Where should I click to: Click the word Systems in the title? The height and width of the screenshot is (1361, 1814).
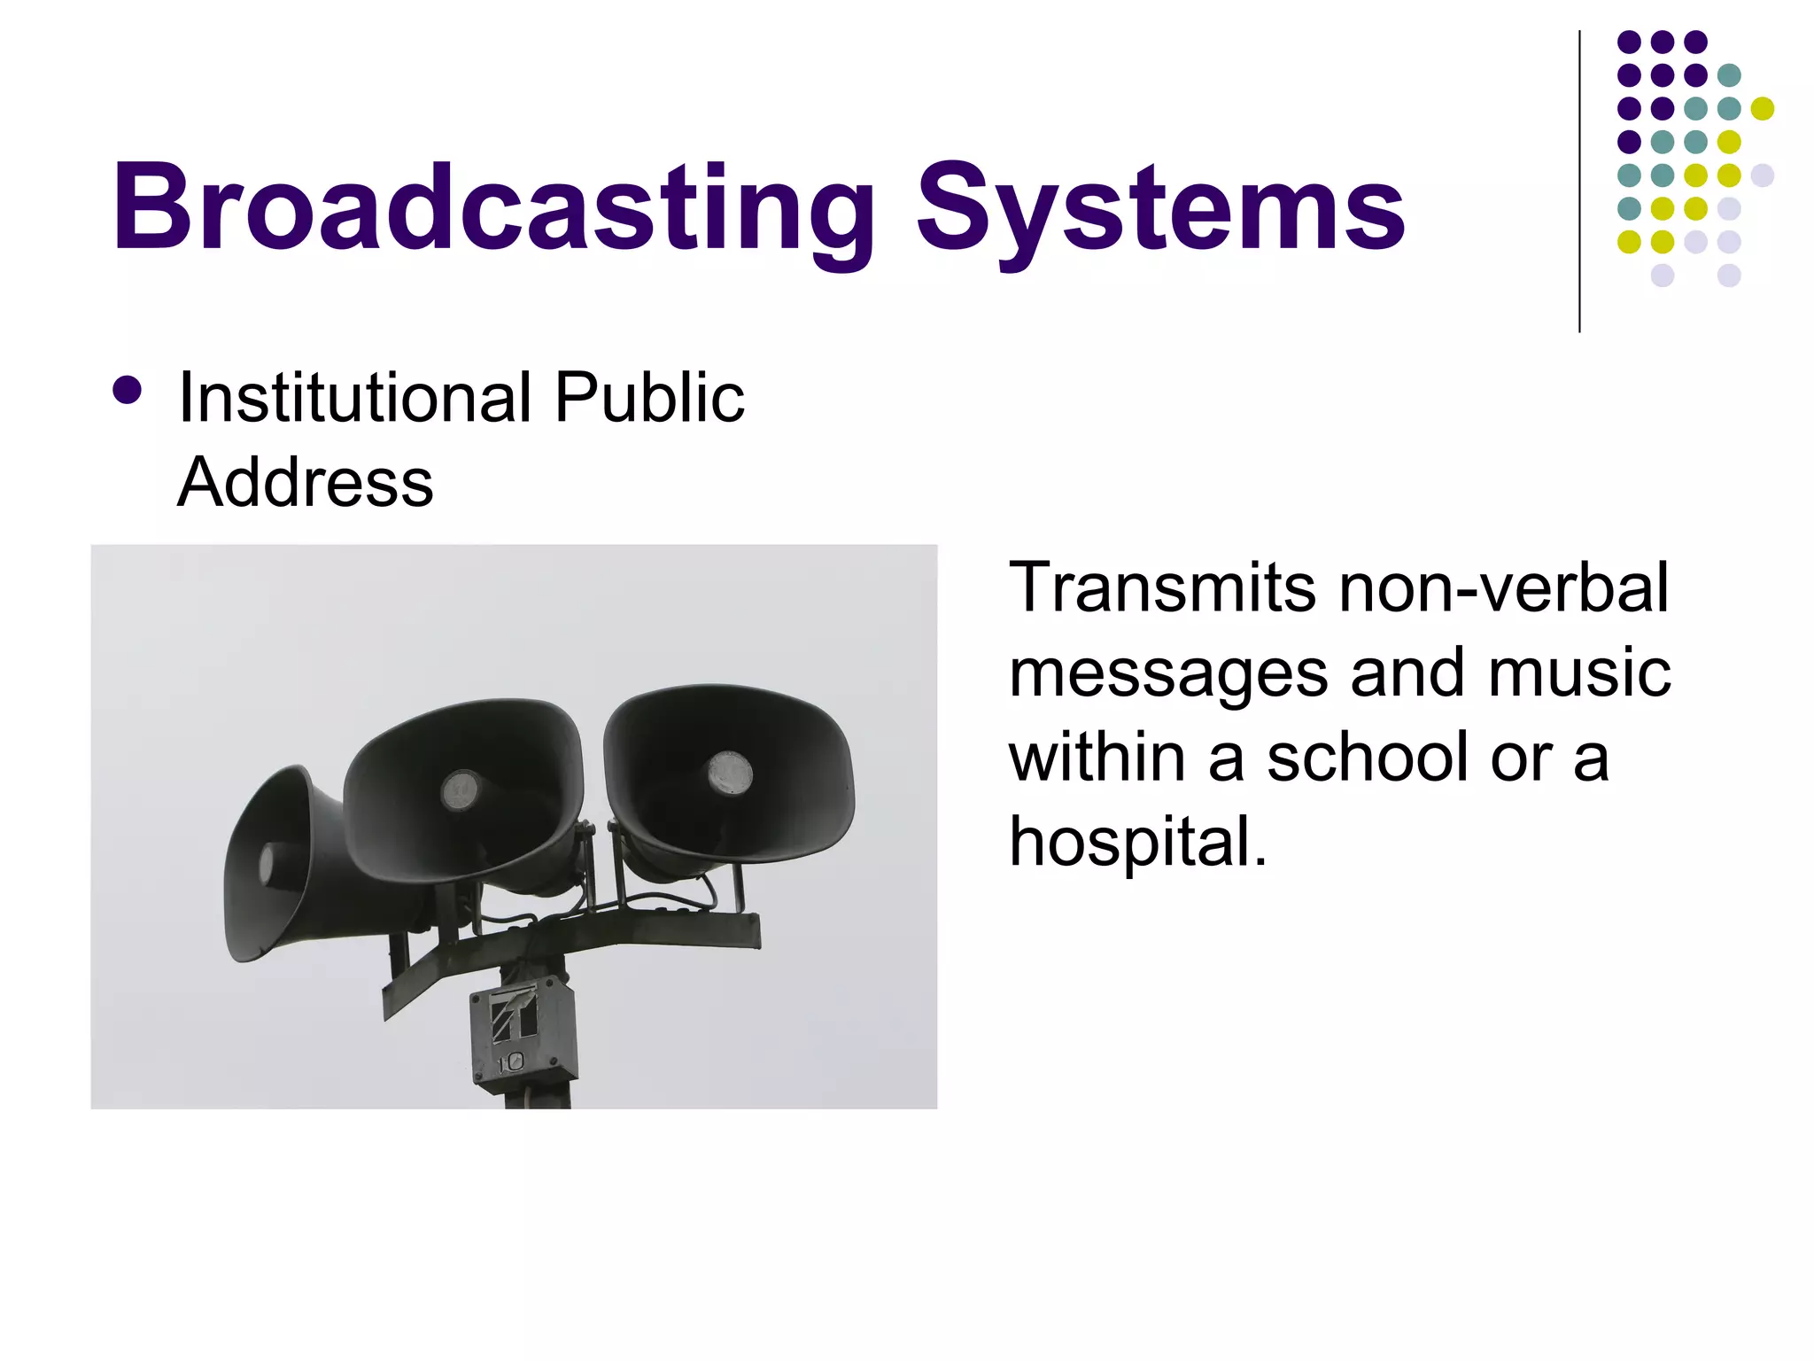pyautogui.click(x=1159, y=209)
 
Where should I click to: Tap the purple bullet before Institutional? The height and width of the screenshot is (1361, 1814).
pyautogui.click(x=128, y=391)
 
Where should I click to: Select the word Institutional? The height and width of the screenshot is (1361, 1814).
pyautogui.click(x=354, y=398)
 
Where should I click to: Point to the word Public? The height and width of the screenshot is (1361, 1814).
pyautogui.click(x=649, y=398)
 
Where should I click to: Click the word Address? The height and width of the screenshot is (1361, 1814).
pyautogui.click(x=306, y=482)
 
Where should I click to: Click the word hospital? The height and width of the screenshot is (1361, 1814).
pyautogui.click(x=1138, y=842)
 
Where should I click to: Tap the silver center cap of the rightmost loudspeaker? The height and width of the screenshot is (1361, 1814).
pyautogui.click(x=730, y=773)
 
